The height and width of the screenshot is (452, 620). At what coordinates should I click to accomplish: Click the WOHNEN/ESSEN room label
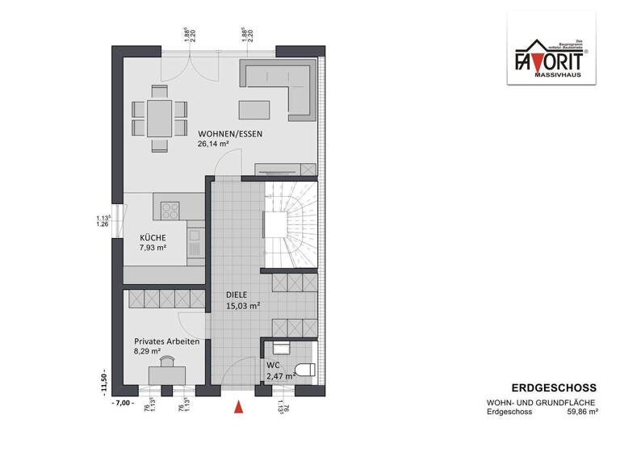(230, 134)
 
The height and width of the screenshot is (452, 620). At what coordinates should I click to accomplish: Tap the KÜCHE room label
(153, 237)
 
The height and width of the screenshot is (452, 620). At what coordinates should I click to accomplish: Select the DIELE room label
(239, 295)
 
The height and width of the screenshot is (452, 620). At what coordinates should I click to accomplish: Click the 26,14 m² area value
(213, 145)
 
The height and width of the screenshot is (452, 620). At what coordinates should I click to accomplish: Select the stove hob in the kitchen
(170, 210)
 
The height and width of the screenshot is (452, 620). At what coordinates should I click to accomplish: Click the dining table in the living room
(159, 119)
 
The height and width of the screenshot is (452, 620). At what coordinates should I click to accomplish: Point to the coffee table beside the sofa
(253, 110)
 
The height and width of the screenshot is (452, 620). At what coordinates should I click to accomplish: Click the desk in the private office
(167, 374)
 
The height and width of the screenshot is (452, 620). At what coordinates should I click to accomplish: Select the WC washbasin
(282, 347)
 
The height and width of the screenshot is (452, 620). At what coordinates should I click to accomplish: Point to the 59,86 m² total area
(581, 412)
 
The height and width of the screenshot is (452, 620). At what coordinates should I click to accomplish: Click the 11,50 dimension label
(103, 380)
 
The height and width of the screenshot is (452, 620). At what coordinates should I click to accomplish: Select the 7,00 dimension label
(122, 401)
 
